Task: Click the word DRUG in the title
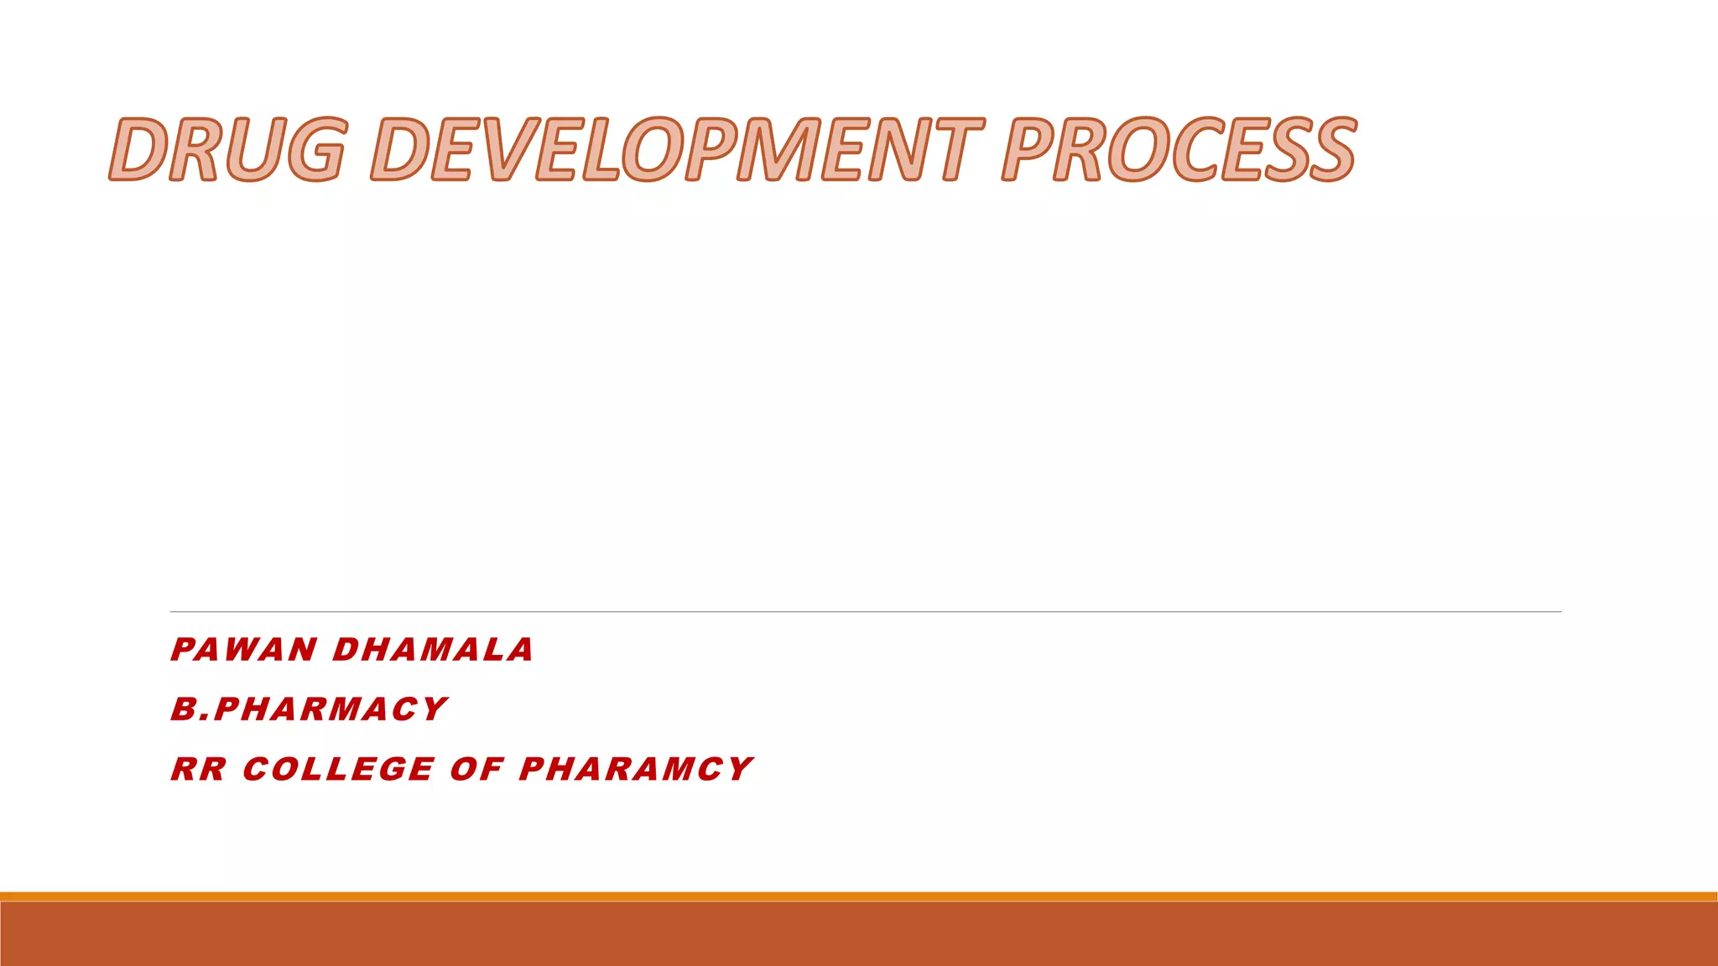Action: (x=226, y=149)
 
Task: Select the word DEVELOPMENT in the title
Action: (x=676, y=149)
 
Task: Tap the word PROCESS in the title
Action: (x=1179, y=149)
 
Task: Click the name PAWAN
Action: (x=243, y=650)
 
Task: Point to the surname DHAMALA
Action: (x=433, y=650)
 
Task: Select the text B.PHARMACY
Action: (x=309, y=709)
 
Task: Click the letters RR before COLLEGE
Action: (x=199, y=769)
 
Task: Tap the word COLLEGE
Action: (x=338, y=769)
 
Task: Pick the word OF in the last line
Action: (x=476, y=769)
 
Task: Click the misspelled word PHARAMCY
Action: (x=636, y=769)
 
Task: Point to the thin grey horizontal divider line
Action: (x=864, y=611)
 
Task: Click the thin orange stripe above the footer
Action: (x=859, y=896)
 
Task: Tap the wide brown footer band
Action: (x=859, y=934)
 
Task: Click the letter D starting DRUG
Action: (x=138, y=149)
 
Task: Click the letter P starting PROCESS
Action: (x=1029, y=149)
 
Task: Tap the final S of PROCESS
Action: (x=1325, y=149)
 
